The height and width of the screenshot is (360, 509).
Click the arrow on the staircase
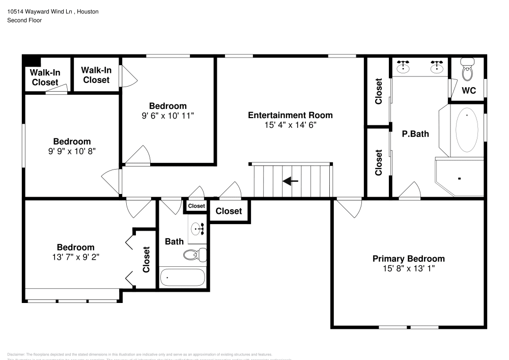pyautogui.click(x=291, y=181)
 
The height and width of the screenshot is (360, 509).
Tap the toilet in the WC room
pyautogui.click(x=467, y=71)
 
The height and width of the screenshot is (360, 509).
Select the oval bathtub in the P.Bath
pyautogui.click(x=466, y=130)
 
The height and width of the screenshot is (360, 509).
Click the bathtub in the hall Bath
pyautogui.click(x=182, y=278)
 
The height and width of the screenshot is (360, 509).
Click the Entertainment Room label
pyautogui.click(x=290, y=115)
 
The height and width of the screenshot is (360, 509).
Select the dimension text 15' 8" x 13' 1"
pyautogui.click(x=408, y=268)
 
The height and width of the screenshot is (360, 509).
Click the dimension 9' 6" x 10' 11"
pyautogui.click(x=167, y=116)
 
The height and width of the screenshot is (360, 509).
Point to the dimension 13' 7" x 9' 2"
pyautogui.click(x=75, y=257)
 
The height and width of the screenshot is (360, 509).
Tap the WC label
pyautogui.click(x=468, y=91)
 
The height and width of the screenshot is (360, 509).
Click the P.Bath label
pyautogui.click(x=415, y=134)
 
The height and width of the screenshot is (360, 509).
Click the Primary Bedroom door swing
pyautogui.click(x=350, y=206)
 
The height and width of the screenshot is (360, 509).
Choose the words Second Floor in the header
pyautogui.click(x=24, y=20)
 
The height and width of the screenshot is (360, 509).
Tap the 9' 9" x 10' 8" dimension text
pyautogui.click(x=72, y=151)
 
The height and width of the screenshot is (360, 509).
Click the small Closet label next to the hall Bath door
pyautogui.click(x=196, y=206)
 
